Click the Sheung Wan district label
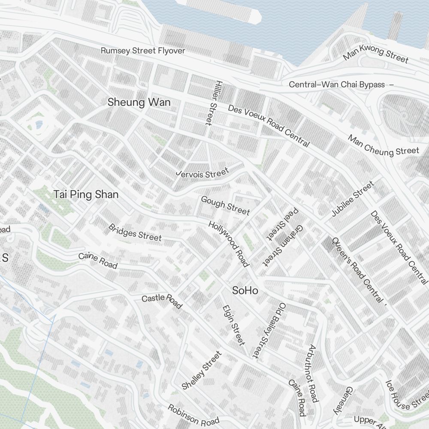pyautogui.click(x=139, y=102)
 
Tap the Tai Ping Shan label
pyautogui.click(x=86, y=194)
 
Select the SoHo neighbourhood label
pyautogui.click(x=245, y=290)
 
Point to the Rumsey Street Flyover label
pyautogui.click(x=143, y=51)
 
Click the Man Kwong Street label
pyautogui.click(x=376, y=54)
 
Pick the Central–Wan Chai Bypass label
pyautogui.click(x=337, y=85)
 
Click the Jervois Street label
pyautogui.click(x=203, y=173)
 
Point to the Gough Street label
pyautogui.click(x=225, y=205)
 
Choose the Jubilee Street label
pyautogui.click(x=352, y=199)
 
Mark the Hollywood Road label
pyautogui.click(x=229, y=243)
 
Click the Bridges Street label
pyautogui.click(x=135, y=232)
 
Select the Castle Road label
pyautogui.click(x=162, y=301)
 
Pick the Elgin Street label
pyautogui.click(x=234, y=325)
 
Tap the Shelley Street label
pyautogui.click(x=202, y=370)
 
